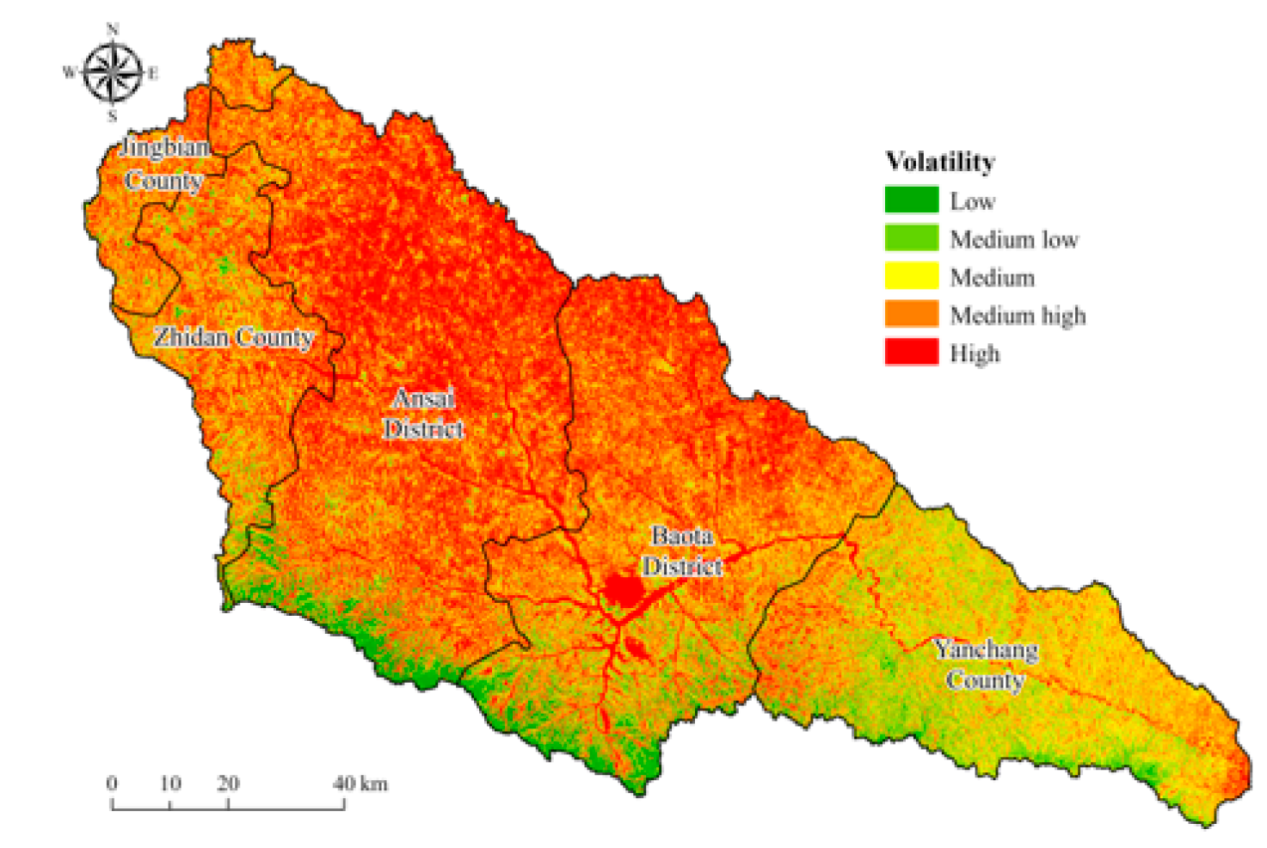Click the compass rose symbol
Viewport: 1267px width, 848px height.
[113, 73]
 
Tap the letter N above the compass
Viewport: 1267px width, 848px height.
[113, 30]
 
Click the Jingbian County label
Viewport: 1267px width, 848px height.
[163, 163]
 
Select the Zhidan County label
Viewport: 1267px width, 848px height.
[233, 337]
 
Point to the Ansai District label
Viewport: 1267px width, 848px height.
[423, 414]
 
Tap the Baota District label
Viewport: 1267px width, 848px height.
[682, 551]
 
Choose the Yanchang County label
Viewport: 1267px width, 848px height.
[986, 665]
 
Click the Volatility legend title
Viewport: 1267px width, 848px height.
[940, 162]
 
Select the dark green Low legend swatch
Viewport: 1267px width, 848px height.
[911, 200]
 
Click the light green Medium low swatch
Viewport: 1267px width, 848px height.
[911, 238]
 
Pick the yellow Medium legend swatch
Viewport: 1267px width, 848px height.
[911, 276]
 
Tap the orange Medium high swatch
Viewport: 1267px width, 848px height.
[911, 314]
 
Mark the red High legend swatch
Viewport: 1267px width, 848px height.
[911, 352]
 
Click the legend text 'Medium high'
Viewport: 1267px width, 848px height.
[1018, 316]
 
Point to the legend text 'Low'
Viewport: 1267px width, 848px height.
[972, 201]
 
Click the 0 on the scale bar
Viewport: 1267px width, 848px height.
[112, 783]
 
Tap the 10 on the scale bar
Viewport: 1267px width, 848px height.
[170, 783]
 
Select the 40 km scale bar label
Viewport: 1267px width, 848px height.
[360, 783]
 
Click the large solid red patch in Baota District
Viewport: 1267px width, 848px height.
[623, 590]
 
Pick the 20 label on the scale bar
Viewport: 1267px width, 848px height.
[228, 783]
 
